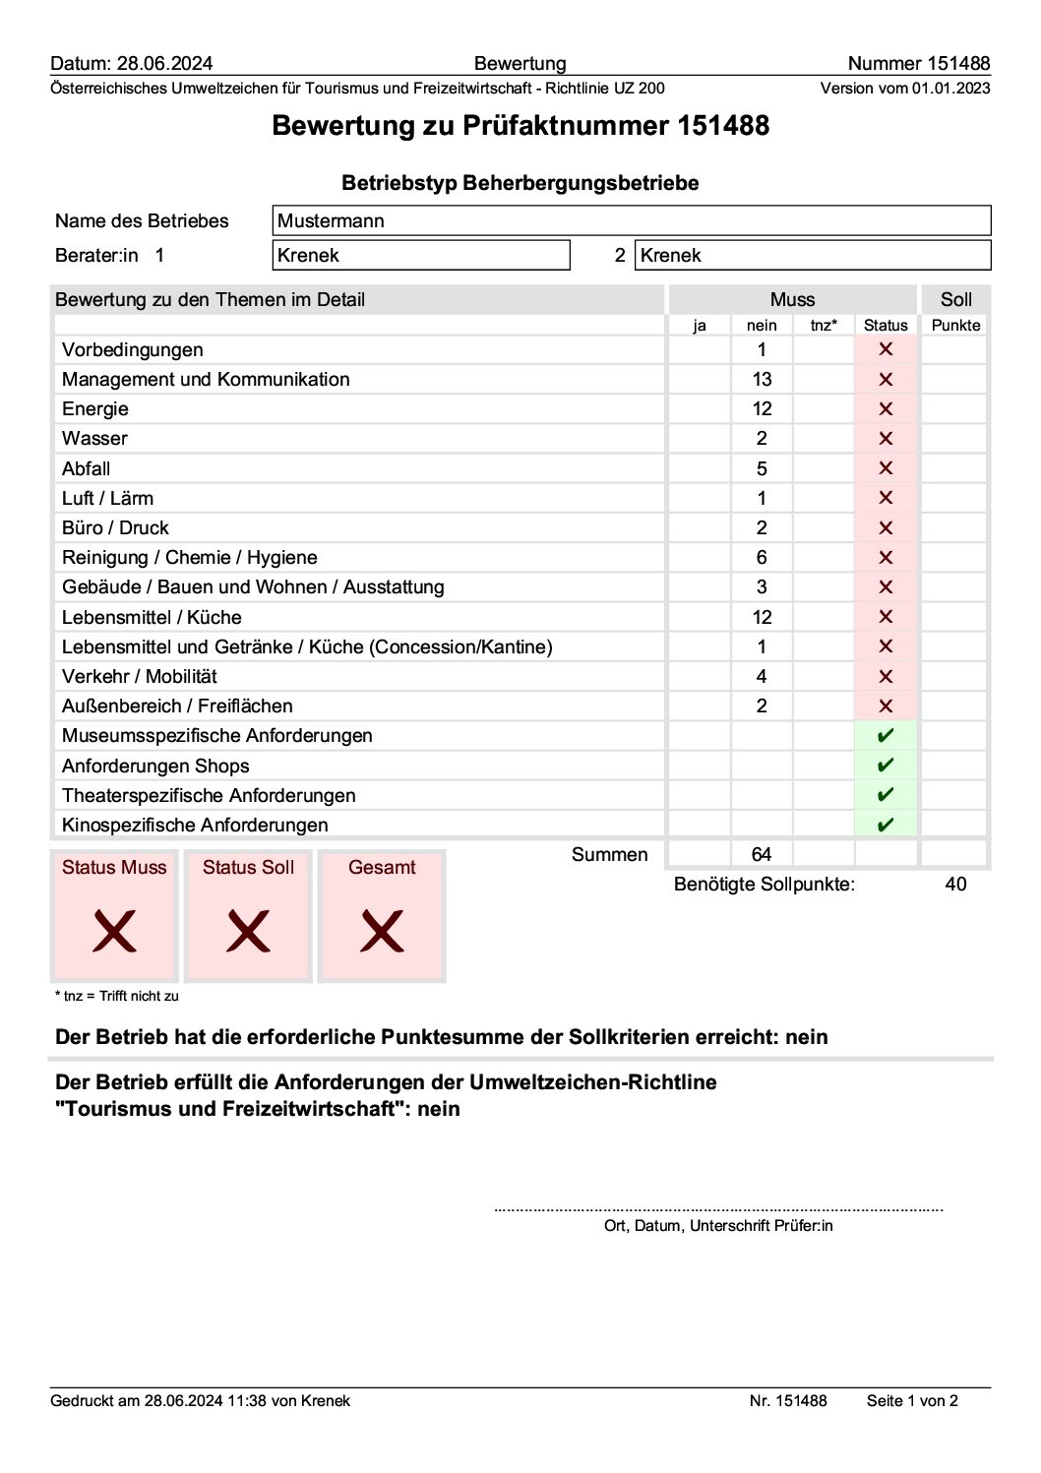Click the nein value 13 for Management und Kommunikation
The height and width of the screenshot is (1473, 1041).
click(762, 380)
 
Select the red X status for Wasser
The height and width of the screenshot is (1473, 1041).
click(886, 439)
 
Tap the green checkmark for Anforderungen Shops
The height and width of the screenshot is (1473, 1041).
click(886, 766)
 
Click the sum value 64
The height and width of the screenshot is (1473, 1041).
click(762, 855)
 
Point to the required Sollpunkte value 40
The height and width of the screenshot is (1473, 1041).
click(955, 885)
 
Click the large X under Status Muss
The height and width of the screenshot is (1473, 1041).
click(114, 931)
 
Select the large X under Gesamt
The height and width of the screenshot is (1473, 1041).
click(382, 931)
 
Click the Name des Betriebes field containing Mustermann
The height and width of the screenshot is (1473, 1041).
click(631, 221)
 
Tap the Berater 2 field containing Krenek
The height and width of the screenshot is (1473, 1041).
click(813, 256)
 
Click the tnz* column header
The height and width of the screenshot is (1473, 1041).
click(824, 326)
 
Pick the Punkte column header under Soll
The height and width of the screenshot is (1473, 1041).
click(955, 326)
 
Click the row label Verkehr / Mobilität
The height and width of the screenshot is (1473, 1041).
click(140, 677)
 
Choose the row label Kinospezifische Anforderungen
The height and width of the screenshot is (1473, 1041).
click(195, 826)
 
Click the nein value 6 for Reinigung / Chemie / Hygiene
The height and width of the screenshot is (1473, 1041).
click(762, 558)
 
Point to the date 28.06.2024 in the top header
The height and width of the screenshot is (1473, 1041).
click(164, 64)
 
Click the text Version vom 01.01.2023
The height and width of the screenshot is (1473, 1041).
click(905, 89)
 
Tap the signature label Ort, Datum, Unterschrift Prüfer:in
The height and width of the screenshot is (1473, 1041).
click(718, 1226)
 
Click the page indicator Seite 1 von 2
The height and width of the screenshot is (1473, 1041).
click(912, 1401)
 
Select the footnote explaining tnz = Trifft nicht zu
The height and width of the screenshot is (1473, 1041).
click(117, 996)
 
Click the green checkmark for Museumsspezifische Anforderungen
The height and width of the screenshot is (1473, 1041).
click(886, 736)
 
